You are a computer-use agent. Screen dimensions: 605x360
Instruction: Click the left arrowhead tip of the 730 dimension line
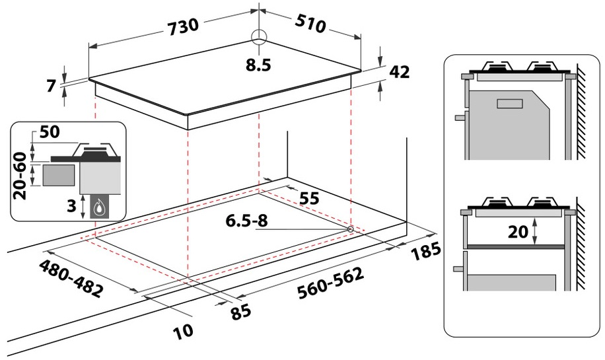[x=89, y=48]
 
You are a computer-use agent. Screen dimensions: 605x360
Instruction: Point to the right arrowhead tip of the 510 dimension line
[x=361, y=38]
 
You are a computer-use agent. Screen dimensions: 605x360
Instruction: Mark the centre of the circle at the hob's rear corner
[x=259, y=38]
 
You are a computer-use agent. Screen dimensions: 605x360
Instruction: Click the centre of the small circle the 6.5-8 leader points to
[x=350, y=229]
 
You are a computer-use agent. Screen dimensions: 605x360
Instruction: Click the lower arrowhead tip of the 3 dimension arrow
[x=83, y=219]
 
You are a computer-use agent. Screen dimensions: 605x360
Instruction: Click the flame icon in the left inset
[x=100, y=207]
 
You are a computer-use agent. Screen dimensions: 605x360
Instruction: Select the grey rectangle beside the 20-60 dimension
[x=58, y=174]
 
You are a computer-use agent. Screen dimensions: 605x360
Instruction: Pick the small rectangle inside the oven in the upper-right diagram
[x=510, y=104]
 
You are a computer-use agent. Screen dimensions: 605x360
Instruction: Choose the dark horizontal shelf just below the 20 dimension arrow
[x=516, y=246]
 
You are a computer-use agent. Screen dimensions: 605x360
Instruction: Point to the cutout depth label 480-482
[x=71, y=279]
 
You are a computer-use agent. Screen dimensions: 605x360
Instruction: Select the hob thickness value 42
[x=400, y=72]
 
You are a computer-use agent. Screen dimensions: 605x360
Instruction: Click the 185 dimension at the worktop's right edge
[x=425, y=252]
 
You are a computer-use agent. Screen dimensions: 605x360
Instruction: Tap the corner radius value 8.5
[x=258, y=65]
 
